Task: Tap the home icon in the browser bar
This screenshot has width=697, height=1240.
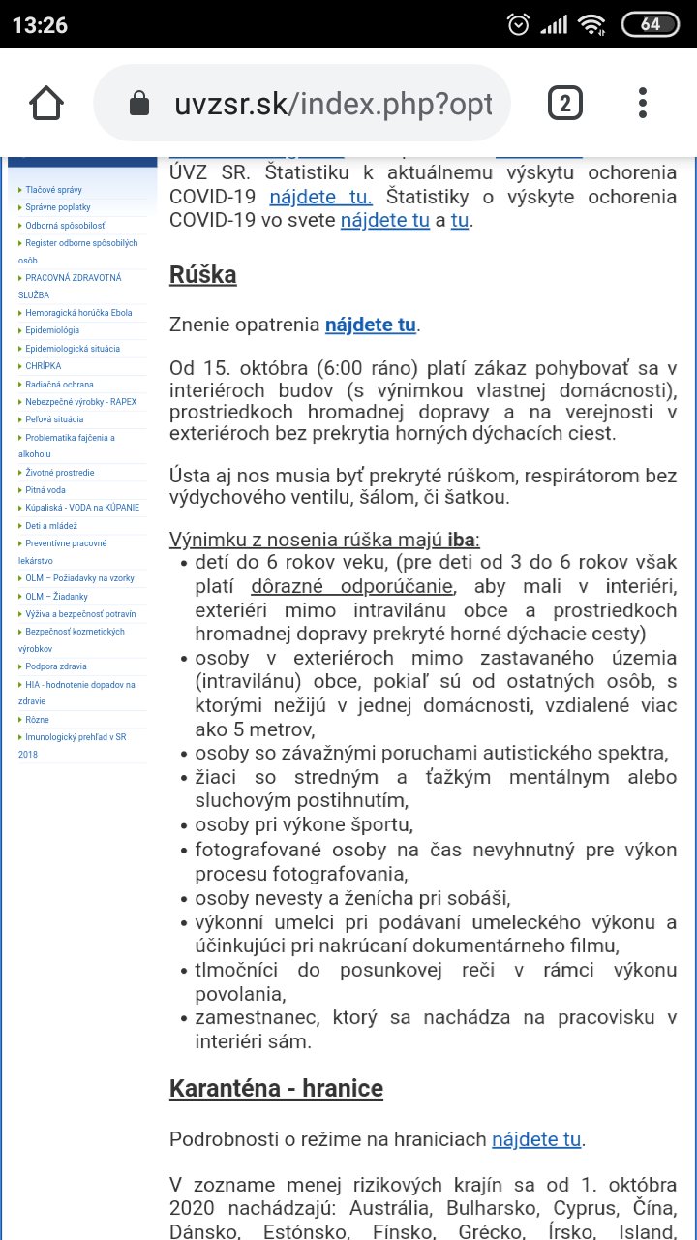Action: [x=46, y=104]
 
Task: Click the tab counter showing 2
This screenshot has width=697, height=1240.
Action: [x=564, y=104]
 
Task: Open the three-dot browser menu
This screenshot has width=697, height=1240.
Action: [x=643, y=104]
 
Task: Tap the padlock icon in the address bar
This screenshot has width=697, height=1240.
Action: [x=139, y=104]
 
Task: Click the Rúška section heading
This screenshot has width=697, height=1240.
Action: [x=202, y=274]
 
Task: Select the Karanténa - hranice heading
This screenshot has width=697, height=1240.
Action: [x=276, y=1088]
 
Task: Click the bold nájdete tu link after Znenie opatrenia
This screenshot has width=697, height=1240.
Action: [x=370, y=325]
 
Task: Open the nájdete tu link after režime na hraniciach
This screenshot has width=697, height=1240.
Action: [x=536, y=1139]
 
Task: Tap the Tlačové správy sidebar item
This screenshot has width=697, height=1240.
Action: [x=52, y=190]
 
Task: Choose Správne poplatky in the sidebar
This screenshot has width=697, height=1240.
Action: [x=58, y=207]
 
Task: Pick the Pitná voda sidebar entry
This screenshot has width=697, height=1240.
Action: [x=46, y=490]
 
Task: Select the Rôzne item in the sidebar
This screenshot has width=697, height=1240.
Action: [x=37, y=720]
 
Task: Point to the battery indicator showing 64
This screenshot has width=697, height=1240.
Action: [x=651, y=24]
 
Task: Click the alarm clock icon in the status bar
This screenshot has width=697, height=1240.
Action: [x=519, y=24]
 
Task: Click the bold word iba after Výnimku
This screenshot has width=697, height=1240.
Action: [x=463, y=540]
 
